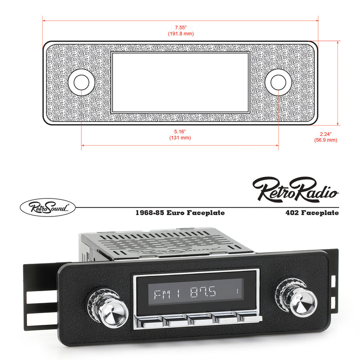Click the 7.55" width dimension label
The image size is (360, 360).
pos(180,26)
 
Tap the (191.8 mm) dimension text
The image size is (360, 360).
pos(180,33)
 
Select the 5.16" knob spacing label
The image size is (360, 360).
pos(180,131)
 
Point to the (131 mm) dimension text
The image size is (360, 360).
pos(180,138)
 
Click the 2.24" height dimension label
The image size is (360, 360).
pos(325,134)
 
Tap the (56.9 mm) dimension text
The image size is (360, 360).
pos(325,140)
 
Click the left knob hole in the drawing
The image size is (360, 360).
pos(81,82)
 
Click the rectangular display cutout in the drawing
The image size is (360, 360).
pos(180,81)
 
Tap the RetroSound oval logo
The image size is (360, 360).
pos(48,207)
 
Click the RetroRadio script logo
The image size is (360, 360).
pos(295,189)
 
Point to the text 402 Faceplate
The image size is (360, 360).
pos(311,213)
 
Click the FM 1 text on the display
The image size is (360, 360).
pos(166,294)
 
